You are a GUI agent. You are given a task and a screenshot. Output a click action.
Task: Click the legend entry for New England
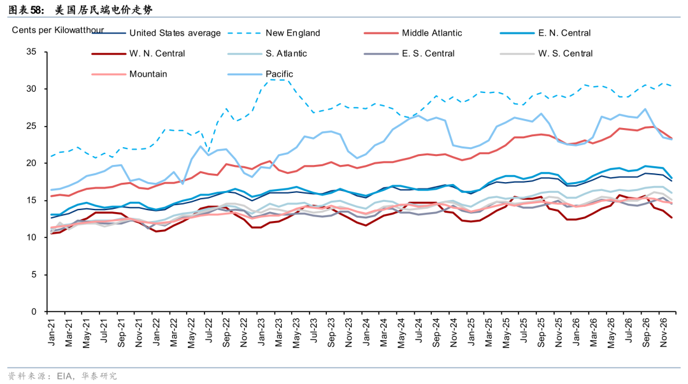(x=292, y=33)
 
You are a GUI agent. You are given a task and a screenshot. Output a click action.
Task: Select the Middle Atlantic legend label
(x=432, y=33)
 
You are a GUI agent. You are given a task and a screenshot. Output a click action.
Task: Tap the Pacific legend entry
(x=279, y=74)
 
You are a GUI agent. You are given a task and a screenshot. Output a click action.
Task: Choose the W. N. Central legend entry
(x=157, y=53)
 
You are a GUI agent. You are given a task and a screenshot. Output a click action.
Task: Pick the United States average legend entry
(x=175, y=33)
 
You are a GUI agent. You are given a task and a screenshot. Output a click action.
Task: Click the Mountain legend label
(x=148, y=74)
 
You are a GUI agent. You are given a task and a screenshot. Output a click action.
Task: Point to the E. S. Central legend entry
(x=428, y=53)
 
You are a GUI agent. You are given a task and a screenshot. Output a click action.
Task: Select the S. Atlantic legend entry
(x=286, y=53)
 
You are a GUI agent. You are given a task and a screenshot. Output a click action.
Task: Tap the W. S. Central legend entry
(x=565, y=53)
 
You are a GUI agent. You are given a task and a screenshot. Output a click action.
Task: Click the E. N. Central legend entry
(x=564, y=33)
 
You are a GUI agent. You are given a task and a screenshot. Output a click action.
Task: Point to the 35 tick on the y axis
(x=32, y=52)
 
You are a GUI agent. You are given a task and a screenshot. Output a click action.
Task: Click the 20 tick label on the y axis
(x=32, y=163)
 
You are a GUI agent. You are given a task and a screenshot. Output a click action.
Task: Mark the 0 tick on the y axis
(x=34, y=311)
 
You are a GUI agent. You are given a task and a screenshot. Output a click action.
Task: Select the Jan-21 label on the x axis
(x=52, y=332)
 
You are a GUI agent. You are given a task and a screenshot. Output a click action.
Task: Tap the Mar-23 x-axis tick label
(x=278, y=332)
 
